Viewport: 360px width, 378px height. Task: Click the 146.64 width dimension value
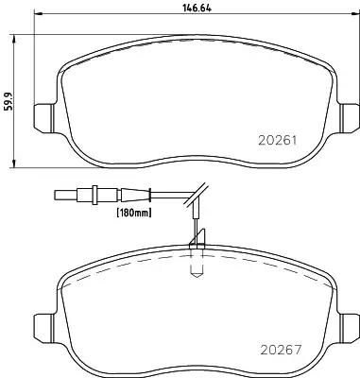[x=197, y=9]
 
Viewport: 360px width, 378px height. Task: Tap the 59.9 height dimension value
[x=9, y=101]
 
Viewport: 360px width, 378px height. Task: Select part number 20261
[x=278, y=141]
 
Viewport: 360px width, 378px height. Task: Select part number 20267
[x=281, y=350]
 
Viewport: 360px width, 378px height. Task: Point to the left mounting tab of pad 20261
[x=43, y=119]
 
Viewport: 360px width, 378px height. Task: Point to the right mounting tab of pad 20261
[x=349, y=119]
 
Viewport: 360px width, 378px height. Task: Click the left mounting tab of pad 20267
[x=43, y=329]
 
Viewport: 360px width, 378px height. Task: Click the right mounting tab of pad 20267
[x=349, y=329]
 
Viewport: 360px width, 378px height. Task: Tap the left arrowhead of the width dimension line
[x=38, y=13]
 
